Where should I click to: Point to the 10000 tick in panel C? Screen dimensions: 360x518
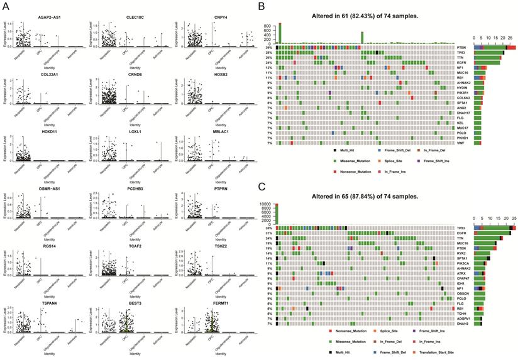point(268,204)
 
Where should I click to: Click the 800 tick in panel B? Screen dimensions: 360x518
point(269,26)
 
